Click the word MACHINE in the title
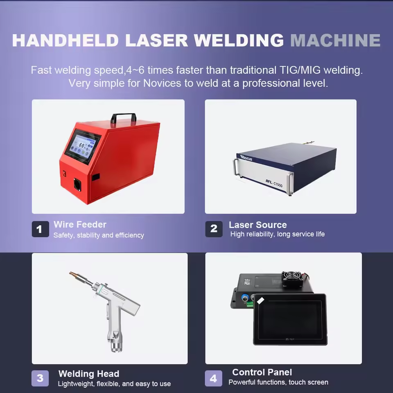[x=335, y=40]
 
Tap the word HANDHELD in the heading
[x=65, y=40]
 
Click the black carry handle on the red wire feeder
[x=124, y=117]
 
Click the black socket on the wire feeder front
[x=77, y=185]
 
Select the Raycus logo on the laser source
[x=246, y=158]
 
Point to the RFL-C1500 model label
[x=274, y=183]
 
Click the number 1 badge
[x=41, y=229]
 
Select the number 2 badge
[x=214, y=229]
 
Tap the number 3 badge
[x=40, y=378]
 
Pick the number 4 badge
[x=214, y=378]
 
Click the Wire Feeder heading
[x=80, y=225]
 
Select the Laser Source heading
[x=257, y=225]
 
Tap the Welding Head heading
[x=89, y=374]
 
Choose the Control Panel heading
[x=262, y=372]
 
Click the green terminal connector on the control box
[x=250, y=304]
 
